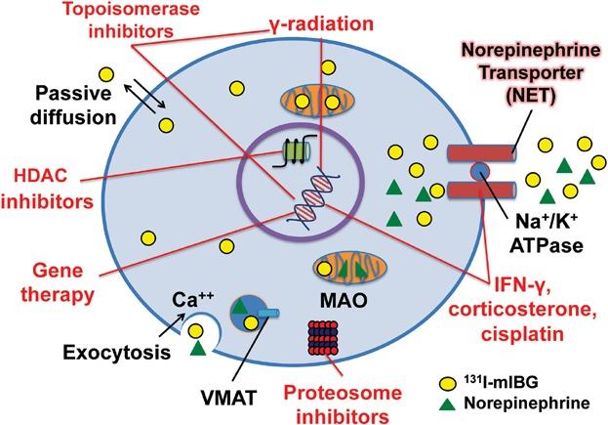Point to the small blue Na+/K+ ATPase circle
(x=479, y=172)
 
